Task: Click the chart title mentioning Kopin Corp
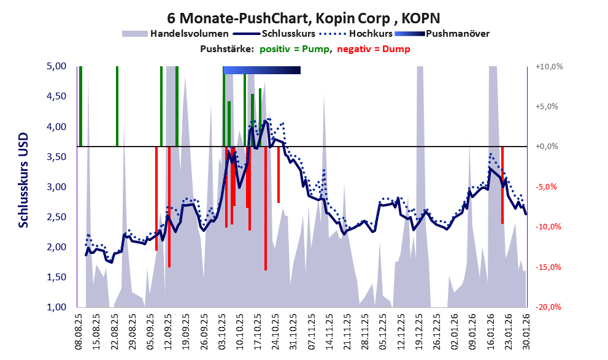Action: [303, 18]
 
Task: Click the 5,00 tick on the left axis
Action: [57, 66]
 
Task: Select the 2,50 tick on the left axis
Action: [57, 217]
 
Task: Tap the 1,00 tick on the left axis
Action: [57, 307]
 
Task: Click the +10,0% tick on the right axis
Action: [548, 66]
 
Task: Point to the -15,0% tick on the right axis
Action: [548, 267]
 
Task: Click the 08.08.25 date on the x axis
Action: [79, 334]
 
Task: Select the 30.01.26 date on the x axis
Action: [526, 334]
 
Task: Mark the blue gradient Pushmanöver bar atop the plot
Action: [262, 71]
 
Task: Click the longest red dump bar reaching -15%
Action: [265, 209]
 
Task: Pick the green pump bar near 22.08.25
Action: [117, 106]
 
